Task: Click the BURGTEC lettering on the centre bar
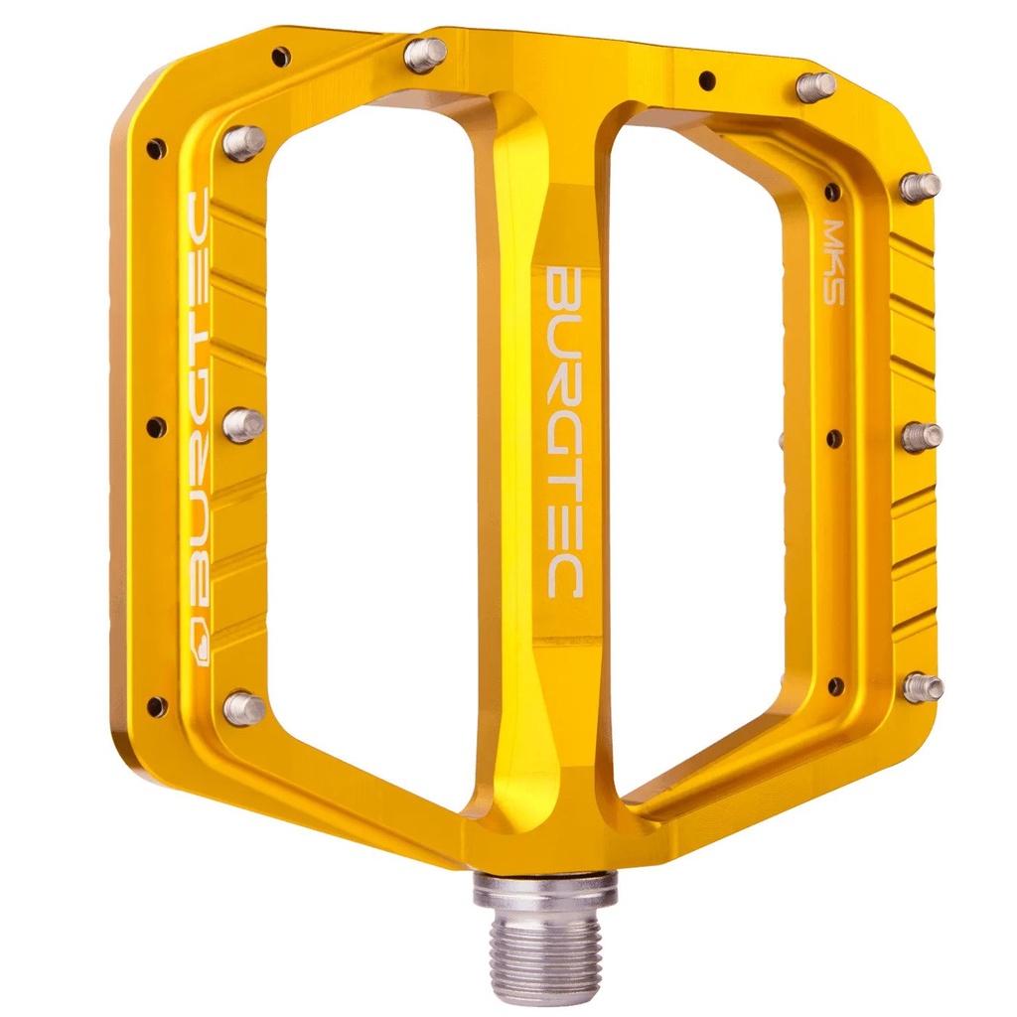coord(565,430)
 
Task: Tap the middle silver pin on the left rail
coord(243,425)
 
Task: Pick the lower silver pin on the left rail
coord(243,707)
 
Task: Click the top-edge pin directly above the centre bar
coord(425,55)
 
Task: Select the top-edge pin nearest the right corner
coord(815,86)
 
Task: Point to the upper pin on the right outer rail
coord(920,186)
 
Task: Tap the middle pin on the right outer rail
coord(922,436)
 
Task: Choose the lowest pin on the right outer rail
coord(923,687)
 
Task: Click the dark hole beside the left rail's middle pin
coord(156,427)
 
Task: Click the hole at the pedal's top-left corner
coord(281,57)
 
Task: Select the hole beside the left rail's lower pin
coord(156,706)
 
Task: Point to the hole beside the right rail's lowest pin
coord(834,685)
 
